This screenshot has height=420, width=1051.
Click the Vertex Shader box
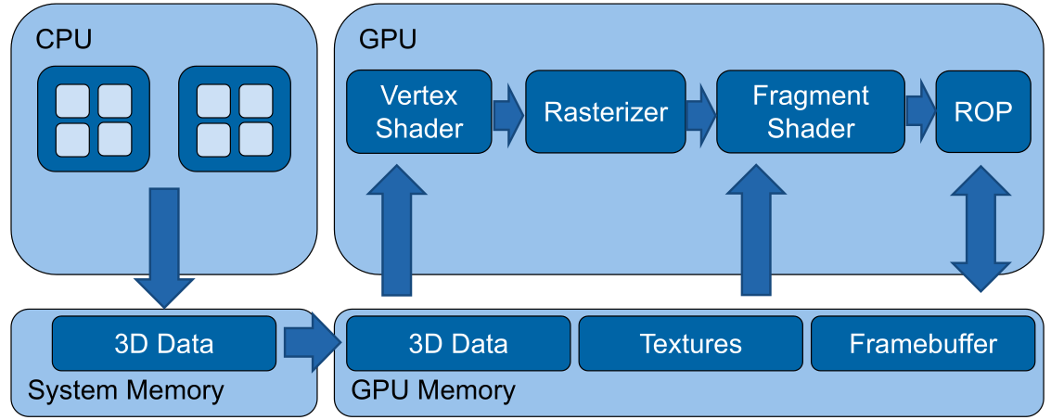click(x=419, y=111)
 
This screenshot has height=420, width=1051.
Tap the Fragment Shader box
click(x=810, y=111)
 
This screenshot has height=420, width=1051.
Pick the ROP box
click(x=983, y=112)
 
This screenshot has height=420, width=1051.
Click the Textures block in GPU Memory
click(x=690, y=344)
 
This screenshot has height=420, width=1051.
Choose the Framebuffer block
click(x=922, y=344)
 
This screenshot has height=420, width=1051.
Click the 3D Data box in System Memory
click(x=163, y=344)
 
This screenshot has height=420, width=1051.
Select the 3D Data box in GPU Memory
click(x=457, y=344)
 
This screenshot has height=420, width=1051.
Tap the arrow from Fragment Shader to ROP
click(x=919, y=112)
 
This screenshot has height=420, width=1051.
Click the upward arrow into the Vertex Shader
click(x=397, y=232)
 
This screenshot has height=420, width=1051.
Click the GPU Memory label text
click(x=433, y=390)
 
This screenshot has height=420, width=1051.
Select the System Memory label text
click(x=125, y=390)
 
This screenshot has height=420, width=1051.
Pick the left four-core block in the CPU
click(x=93, y=119)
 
